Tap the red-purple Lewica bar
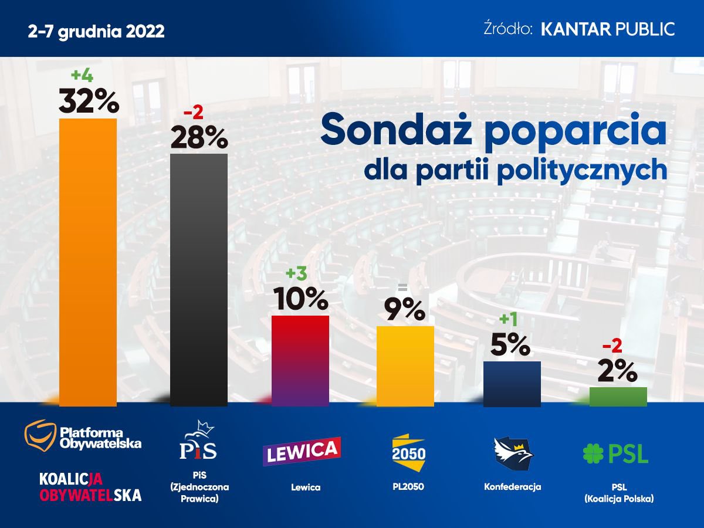pyautogui.click(x=300, y=360)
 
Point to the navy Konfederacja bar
pyautogui.click(x=512, y=384)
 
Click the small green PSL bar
pyautogui.click(x=618, y=397)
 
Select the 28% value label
pyautogui.click(x=198, y=137)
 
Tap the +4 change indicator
pyautogui.click(x=83, y=75)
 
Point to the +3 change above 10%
pyautogui.click(x=296, y=274)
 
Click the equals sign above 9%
pyautogui.click(x=402, y=287)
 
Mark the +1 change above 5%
pyautogui.click(x=508, y=320)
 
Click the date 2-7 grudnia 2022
pyautogui.click(x=96, y=31)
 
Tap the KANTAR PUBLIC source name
pyautogui.click(x=607, y=29)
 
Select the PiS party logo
pyautogui.click(x=198, y=441)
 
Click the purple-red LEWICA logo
pyautogui.click(x=302, y=451)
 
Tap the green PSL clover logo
pyautogui.click(x=593, y=453)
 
